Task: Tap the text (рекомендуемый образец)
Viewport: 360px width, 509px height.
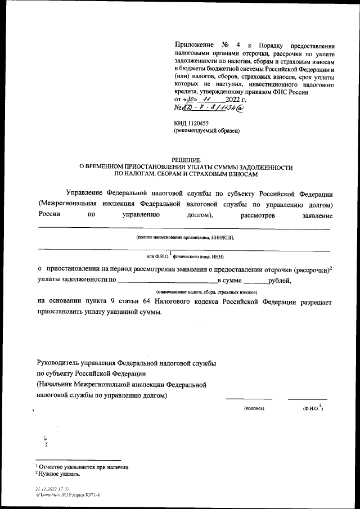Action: click(x=207, y=130)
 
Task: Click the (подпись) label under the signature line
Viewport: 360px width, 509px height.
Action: click(x=254, y=408)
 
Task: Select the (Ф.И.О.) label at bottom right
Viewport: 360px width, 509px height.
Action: click(x=312, y=408)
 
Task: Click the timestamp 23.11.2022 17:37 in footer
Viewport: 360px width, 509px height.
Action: click(x=52, y=489)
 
